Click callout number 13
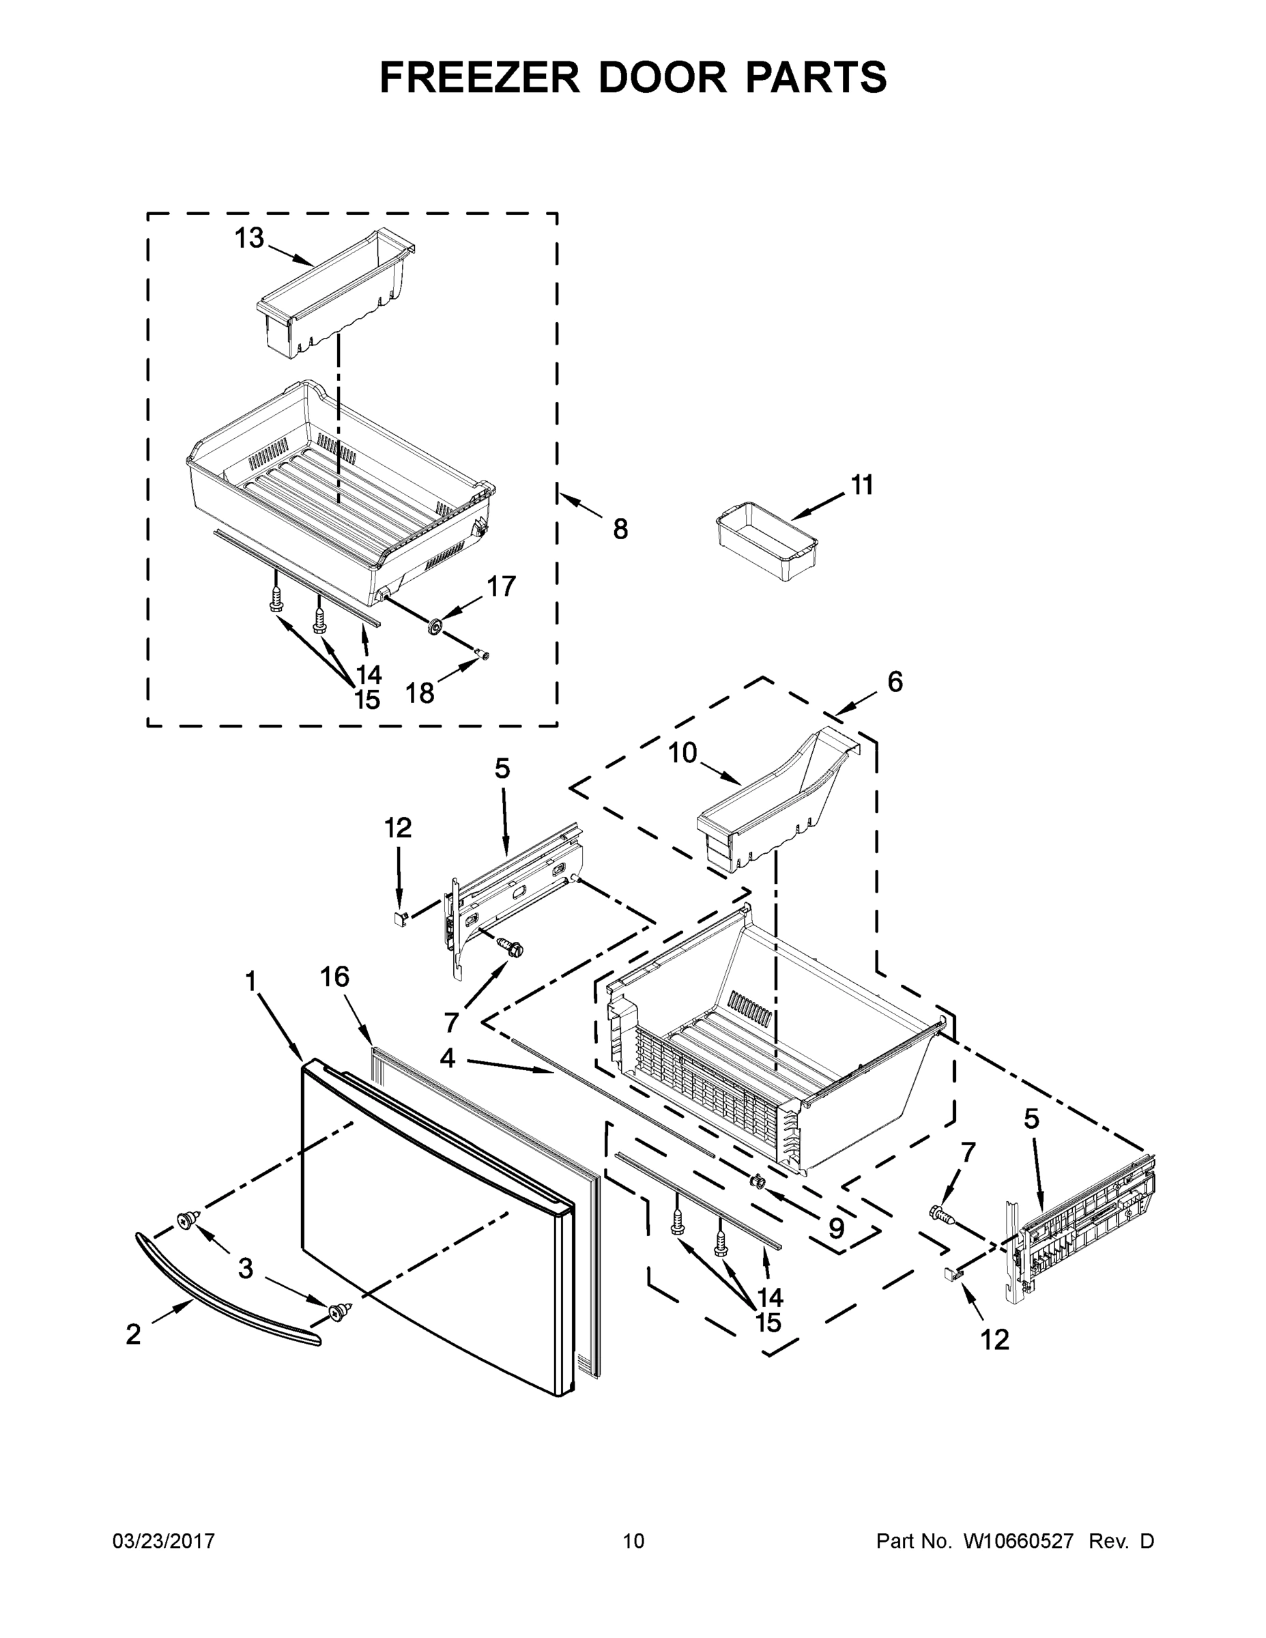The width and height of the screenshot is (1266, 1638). tap(249, 238)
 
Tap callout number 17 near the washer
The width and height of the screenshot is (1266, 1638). tap(501, 586)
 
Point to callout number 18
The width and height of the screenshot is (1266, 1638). tap(420, 693)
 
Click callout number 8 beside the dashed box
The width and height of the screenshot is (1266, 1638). tap(620, 530)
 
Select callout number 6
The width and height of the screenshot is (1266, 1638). tap(895, 682)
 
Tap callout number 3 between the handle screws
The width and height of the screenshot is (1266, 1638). tap(245, 1268)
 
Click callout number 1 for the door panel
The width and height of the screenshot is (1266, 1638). tap(250, 980)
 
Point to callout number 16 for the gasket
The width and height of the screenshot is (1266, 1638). tap(334, 977)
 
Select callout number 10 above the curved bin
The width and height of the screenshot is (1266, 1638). tap(682, 752)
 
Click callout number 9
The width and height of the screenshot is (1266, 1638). tap(836, 1228)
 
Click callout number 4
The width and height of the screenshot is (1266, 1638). tap(447, 1059)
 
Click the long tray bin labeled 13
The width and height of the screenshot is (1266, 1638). tap(338, 300)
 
